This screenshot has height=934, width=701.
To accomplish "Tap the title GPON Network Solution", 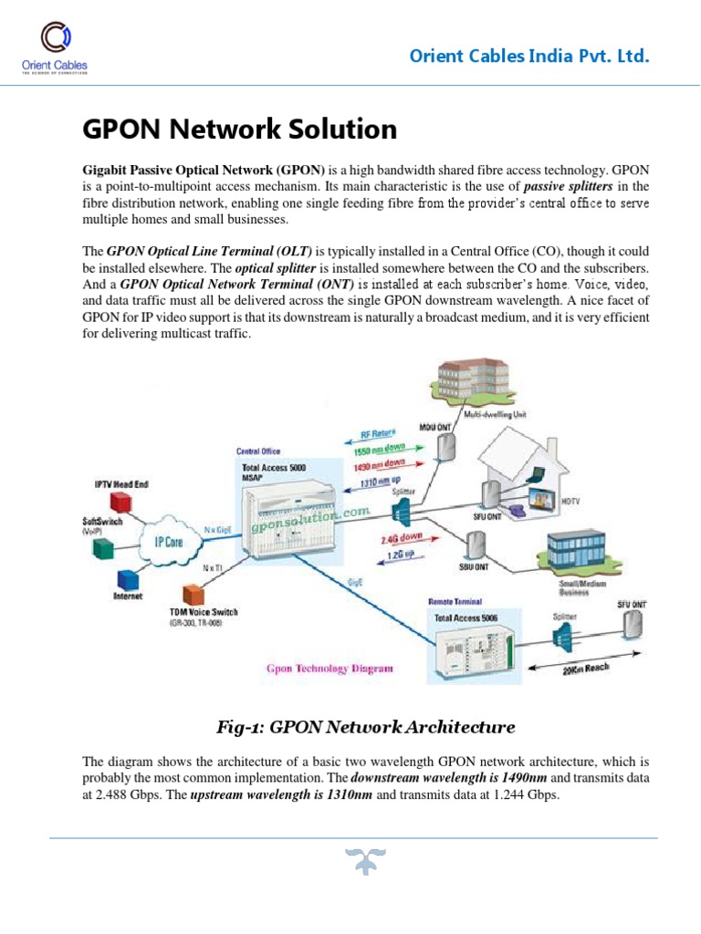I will click(x=240, y=130).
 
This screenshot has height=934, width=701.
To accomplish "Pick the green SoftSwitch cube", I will click(x=104, y=546).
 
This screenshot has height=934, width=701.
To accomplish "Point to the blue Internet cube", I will click(x=127, y=580).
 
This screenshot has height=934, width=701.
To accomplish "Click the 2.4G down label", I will click(x=402, y=538).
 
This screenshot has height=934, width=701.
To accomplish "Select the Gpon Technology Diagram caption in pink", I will click(x=330, y=669).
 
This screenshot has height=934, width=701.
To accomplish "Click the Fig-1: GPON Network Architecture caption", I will click(x=365, y=727).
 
